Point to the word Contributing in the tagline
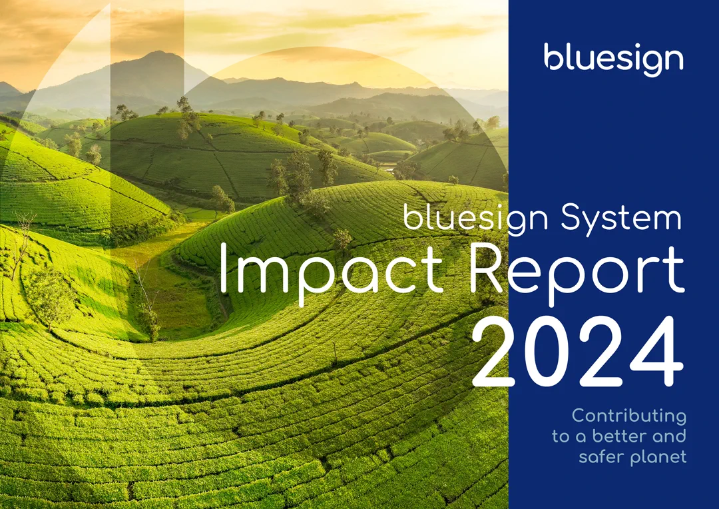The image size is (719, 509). [629, 416]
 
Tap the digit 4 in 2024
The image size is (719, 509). [656, 352]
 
